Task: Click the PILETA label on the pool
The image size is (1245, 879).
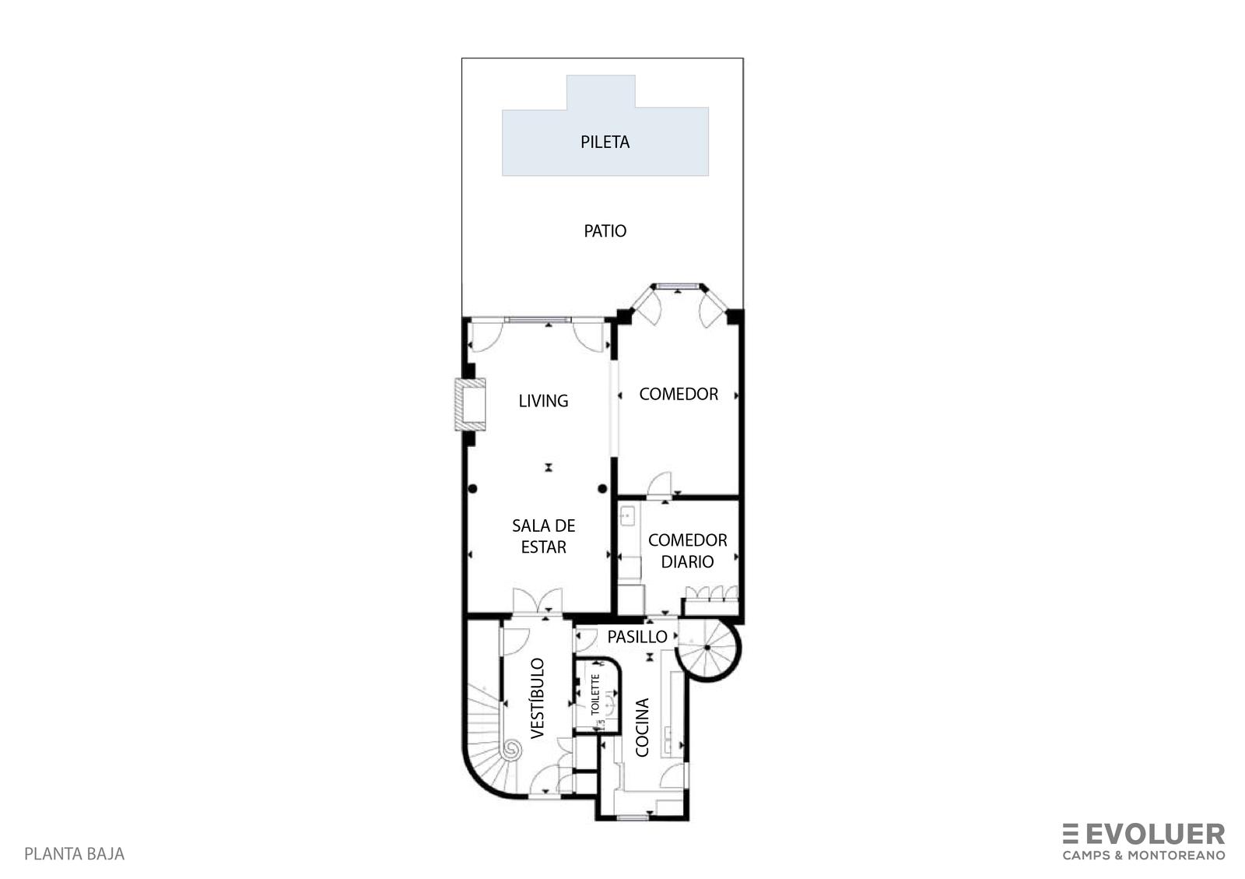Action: (605, 142)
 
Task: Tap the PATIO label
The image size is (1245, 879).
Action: (605, 230)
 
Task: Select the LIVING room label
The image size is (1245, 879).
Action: (543, 401)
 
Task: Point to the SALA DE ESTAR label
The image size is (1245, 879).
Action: (543, 536)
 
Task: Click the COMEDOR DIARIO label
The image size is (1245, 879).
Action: (687, 550)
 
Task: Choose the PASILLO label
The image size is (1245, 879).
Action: (637, 637)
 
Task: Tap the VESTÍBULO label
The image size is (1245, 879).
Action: (537, 698)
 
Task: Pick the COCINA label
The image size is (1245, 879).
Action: (642, 727)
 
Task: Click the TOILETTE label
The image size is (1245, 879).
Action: (595, 694)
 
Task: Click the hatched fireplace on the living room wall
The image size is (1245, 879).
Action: (470, 404)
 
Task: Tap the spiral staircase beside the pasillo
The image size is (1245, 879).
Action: (708, 649)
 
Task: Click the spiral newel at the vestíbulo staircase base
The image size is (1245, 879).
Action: (511, 751)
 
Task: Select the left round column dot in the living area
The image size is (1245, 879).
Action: (472, 489)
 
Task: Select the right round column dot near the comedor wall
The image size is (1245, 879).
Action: (602, 489)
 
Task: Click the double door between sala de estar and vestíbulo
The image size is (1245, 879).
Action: (538, 602)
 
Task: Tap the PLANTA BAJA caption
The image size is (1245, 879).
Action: (75, 854)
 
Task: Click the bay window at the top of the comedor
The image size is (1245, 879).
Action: (677, 287)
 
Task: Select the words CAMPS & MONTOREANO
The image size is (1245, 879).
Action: (1144, 855)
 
